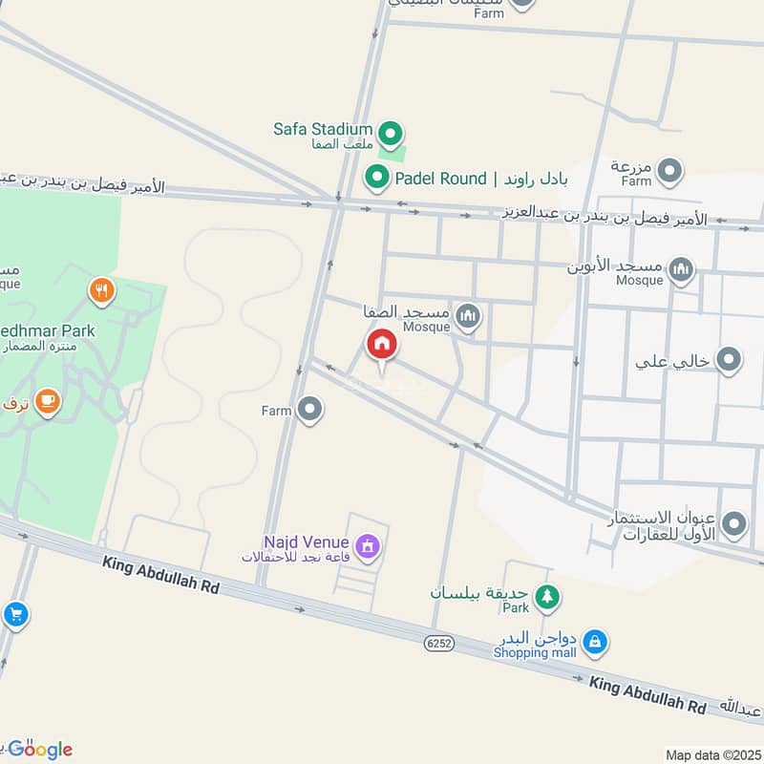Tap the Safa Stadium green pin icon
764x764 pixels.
[390, 131]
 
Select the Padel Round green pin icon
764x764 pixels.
[377, 177]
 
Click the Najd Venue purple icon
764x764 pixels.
[366, 547]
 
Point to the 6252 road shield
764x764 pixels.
[439, 643]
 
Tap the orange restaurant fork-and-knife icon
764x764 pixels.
[102, 290]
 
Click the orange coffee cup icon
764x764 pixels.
[47, 402]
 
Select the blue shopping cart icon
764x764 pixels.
[14, 615]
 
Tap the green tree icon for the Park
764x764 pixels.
[546, 597]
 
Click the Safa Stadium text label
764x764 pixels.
[322, 129]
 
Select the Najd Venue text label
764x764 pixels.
[305, 542]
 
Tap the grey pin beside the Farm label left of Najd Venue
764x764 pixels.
[308, 411]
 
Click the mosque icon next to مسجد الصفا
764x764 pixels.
[467, 315]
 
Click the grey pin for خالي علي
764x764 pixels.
[730, 360]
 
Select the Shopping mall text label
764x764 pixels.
[535, 652]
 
